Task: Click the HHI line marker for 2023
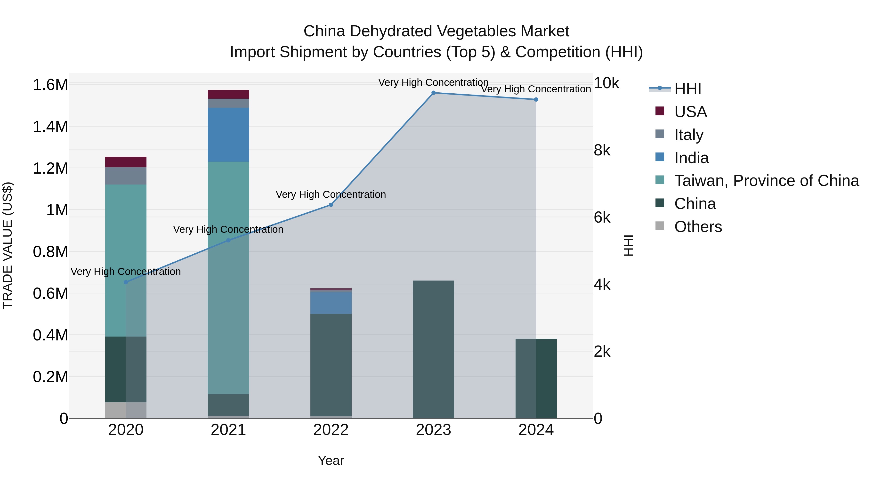tap(433, 93)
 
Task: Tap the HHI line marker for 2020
tap(126, 282)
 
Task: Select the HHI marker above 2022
tap(331, 205)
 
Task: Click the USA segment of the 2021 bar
tap(228, 94)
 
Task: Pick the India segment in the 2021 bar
tap(228, 135)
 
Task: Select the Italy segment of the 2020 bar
tap(126, 176)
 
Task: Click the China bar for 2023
tap(433, 349)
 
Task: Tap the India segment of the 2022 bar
tap(331, 303)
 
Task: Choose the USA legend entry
tap(690, 112)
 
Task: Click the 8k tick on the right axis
tap(602, 150)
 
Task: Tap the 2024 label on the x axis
tap(536, 430)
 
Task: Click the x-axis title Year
tap(331, 460)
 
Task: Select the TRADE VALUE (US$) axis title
tap(8, 245)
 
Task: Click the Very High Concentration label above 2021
tap(228, 229)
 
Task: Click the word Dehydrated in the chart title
tap(390, 31)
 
